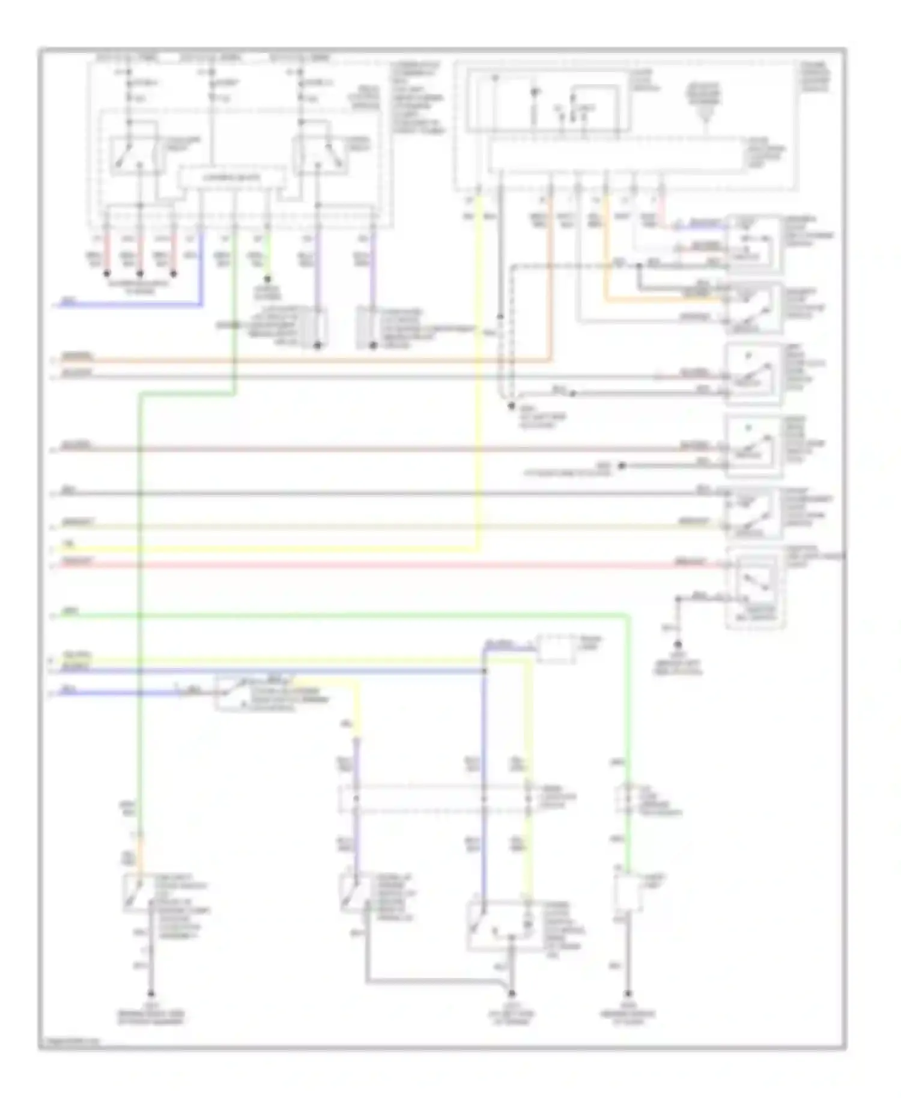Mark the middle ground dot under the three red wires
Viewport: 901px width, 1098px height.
(141, 273)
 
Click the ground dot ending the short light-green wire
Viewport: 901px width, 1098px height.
(268, 279)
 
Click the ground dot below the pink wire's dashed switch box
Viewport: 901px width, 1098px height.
(678, 644)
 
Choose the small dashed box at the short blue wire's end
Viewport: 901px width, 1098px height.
(556, 649)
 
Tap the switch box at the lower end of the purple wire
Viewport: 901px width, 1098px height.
(355, 891)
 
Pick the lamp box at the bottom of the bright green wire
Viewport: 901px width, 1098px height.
(627, 891)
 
